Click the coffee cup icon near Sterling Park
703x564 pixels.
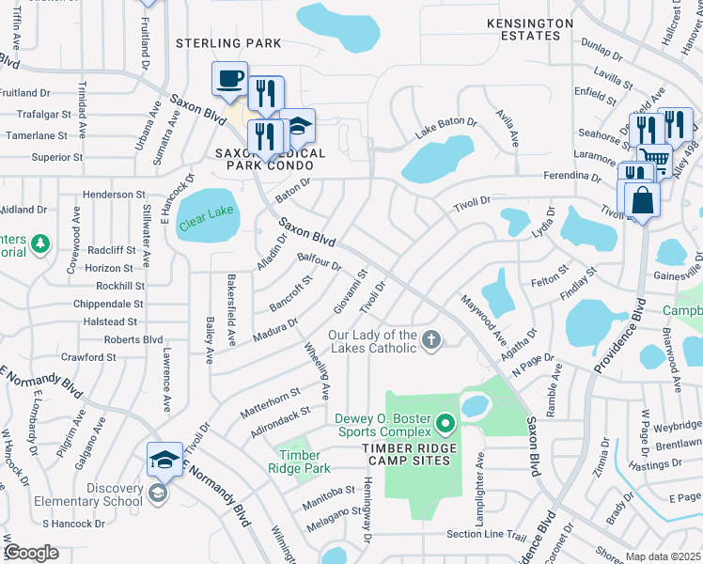pyautogui.click(x=229, y=79)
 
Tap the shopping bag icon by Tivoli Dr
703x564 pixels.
pyautogui.click(x=642, y=199)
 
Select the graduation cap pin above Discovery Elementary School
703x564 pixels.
pyautogui.click(x=164, y=460)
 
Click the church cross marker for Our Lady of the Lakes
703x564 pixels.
pyautogui.click(x=431, y=340)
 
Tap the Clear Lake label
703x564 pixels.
pyautogui.click(x=207, y=212)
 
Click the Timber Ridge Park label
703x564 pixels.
pyautogui.click(x=305, y=462)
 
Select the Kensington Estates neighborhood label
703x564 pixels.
pyautogui.click(x=529, y=29)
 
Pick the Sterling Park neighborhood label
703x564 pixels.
pyautogui.click(x=228, y=43)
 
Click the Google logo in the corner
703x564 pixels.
pyautogui.click(x=31, y=553)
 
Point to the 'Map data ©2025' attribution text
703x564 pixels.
pyautogui.click(x=663, y=556)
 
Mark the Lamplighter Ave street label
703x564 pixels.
pyautogui.click(x=480, y=476)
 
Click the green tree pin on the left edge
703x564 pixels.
pyautogui.click(x=39, y=245)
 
